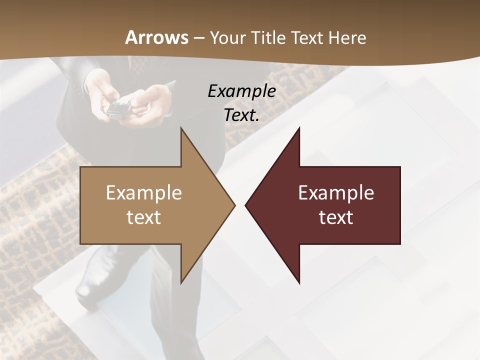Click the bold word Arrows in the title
157,37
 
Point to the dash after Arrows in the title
198,38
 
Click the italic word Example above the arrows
241,91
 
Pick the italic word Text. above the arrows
241,115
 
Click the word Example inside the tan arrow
144,192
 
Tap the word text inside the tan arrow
144,217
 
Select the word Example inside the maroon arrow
336,192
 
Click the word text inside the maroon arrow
336,217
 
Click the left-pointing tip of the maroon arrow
246,205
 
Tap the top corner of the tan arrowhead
181,129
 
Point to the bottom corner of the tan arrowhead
181,282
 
